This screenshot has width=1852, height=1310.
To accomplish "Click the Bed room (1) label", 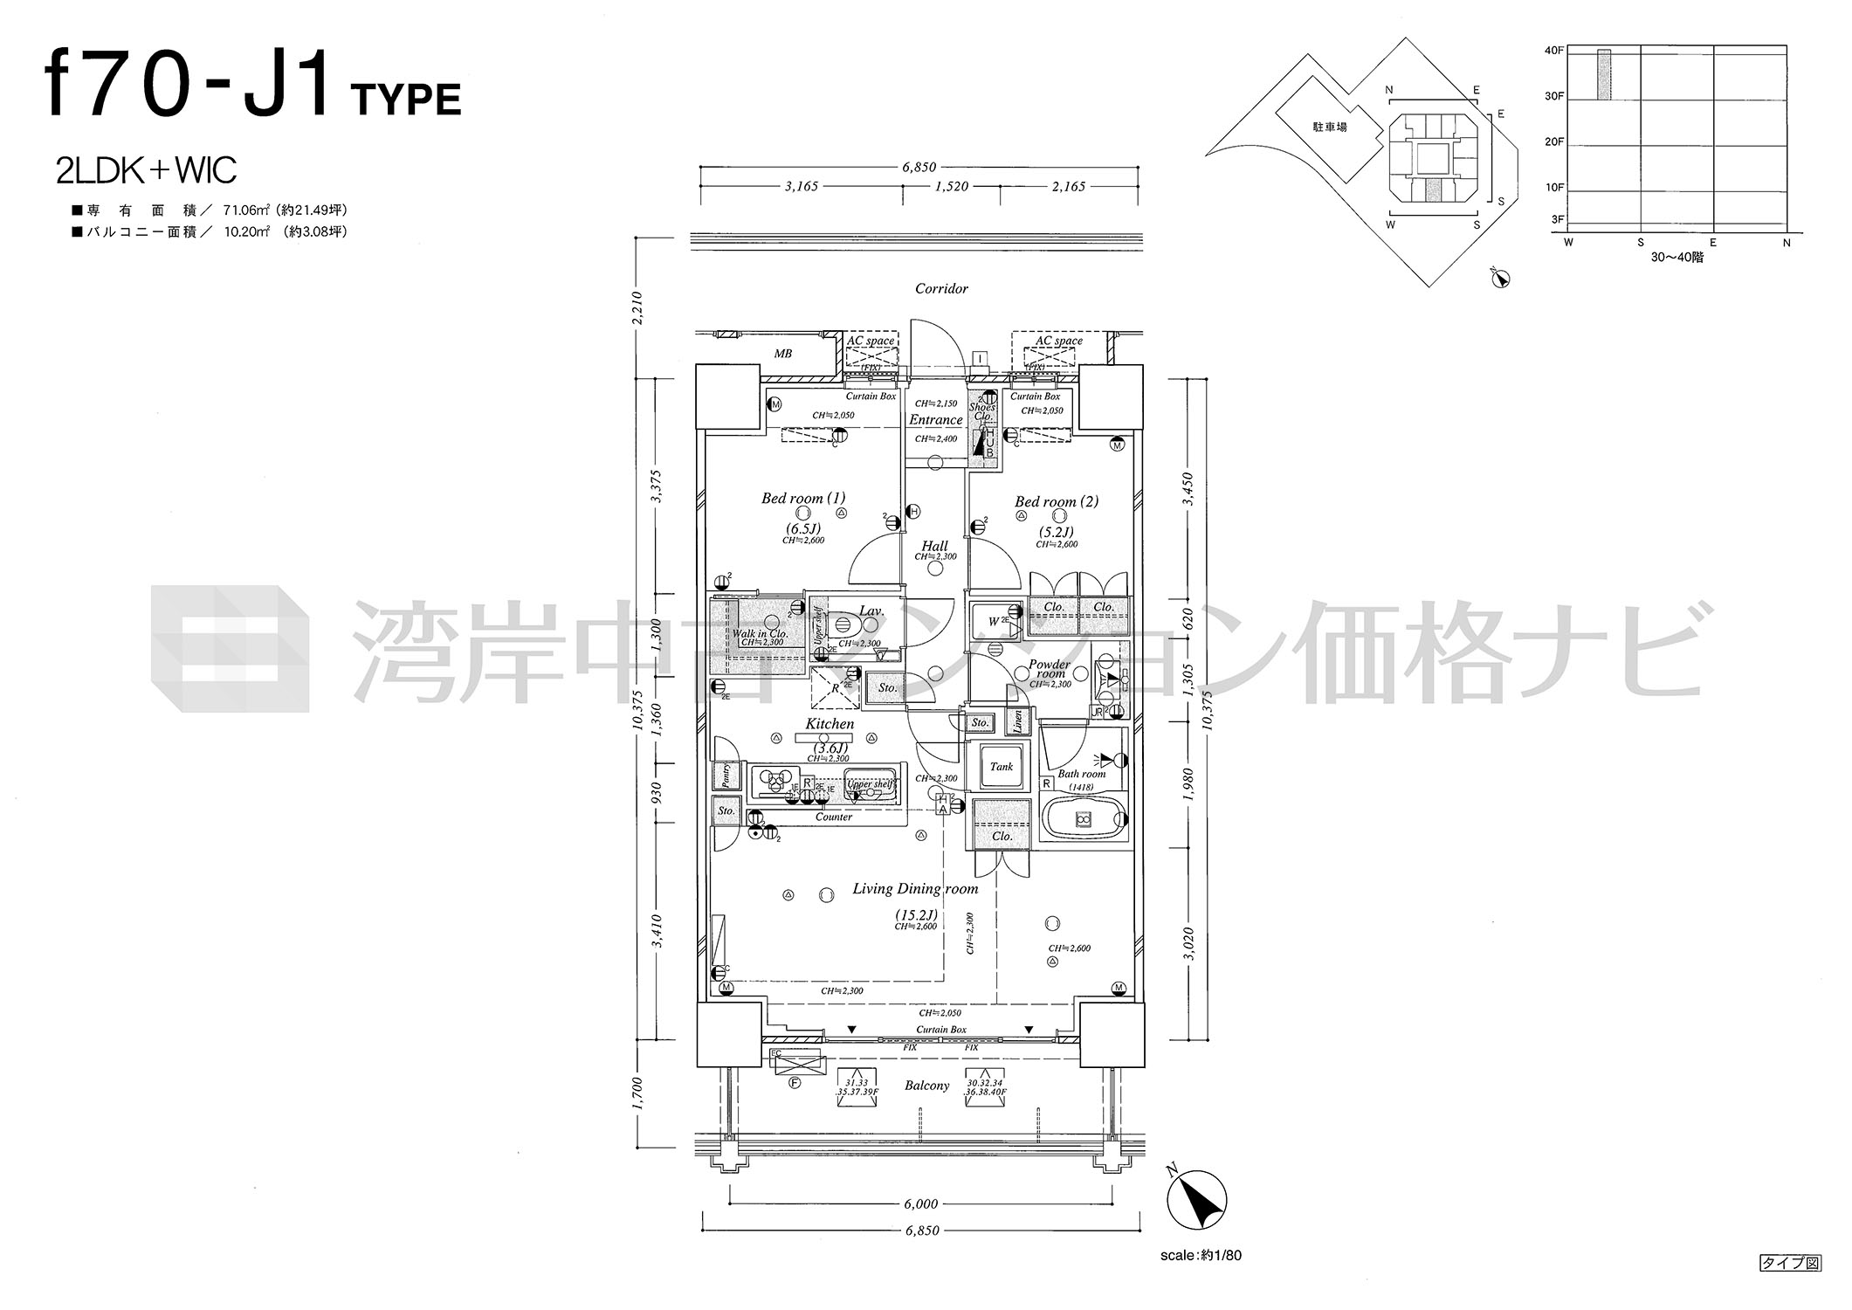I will coord(802,499).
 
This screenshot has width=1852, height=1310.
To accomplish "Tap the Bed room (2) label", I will coord(1056,502).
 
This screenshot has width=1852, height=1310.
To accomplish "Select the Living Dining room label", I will coord(914,889).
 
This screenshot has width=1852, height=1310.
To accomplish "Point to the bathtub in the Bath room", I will coord(1083,819).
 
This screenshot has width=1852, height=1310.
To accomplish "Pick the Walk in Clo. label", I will coord(759,634).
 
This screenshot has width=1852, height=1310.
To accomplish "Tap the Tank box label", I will coord(1001,767).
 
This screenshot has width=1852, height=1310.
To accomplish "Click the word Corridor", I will coord(940,288).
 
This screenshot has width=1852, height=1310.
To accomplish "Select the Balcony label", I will coord(926,1086).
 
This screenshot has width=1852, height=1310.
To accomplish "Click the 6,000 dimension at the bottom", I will coord(920,1204).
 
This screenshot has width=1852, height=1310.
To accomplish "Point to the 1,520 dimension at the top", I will coord(951,186).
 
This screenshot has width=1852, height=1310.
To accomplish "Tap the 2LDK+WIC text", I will coord(146,170).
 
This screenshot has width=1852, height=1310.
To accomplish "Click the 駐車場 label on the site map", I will coord(1329,128).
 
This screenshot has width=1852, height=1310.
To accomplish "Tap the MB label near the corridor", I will coord(782,354).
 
